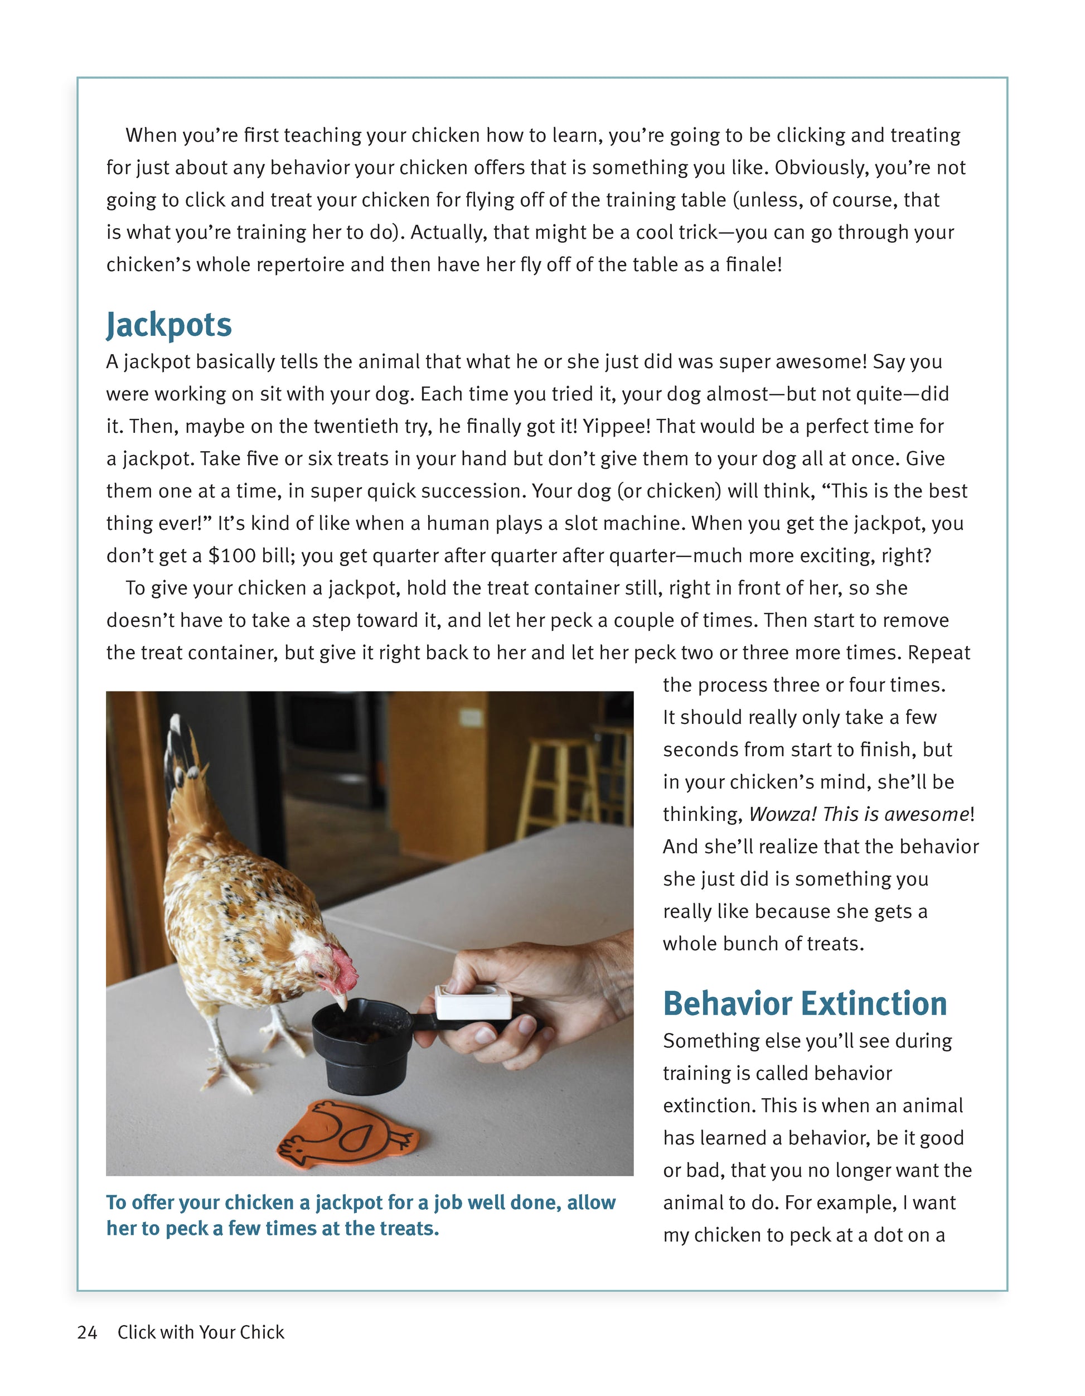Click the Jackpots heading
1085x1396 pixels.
pyautogui.click(x=169, y=325)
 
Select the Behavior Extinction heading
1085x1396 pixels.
pyautogui.click(x=805, y=1003)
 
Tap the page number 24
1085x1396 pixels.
pyautogui.click(x=87, y=1332)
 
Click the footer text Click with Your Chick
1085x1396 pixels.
pyautogui.click(x=201, y=1332)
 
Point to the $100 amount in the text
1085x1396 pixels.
pyautogui.click(x=232, y=555)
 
